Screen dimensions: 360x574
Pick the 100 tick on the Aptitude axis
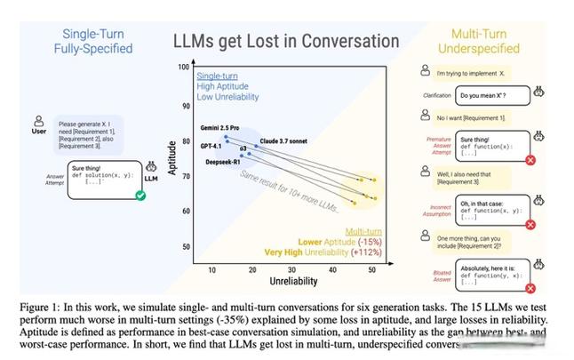184,68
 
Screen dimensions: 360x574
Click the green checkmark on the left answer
140,195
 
